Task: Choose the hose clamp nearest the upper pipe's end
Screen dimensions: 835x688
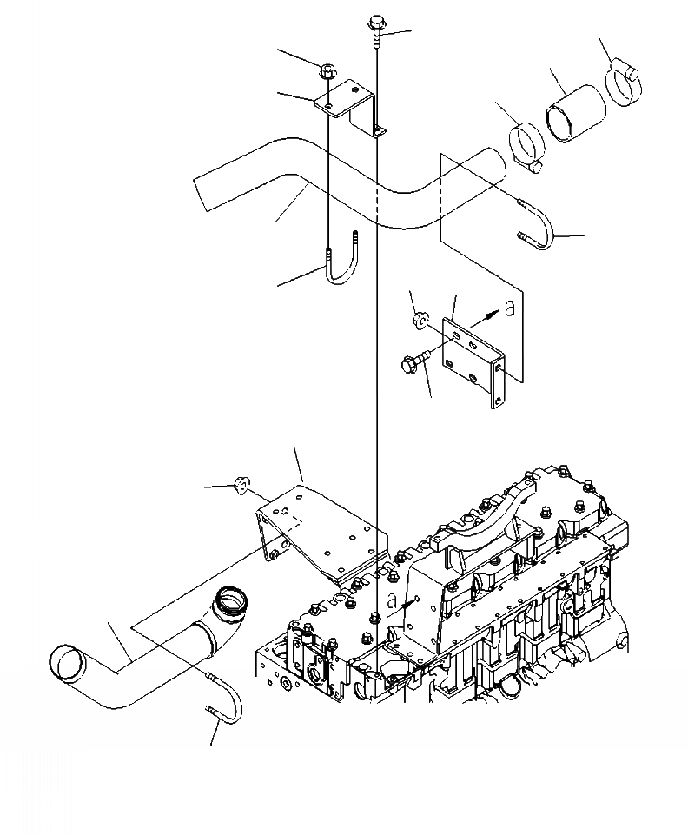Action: pyautogui.click(x=526, y=143)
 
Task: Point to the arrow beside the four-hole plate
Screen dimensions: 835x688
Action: pyautogui.click(x=486, y=315)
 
